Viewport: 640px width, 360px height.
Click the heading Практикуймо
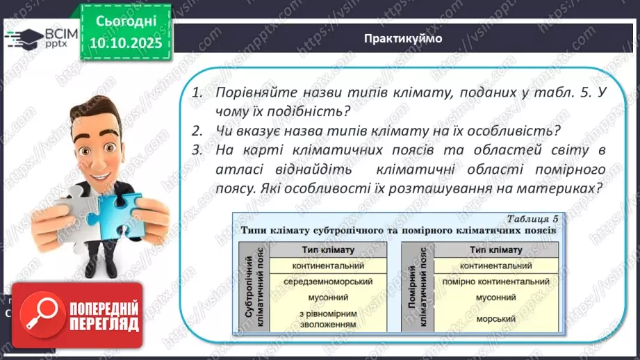coord(402,38)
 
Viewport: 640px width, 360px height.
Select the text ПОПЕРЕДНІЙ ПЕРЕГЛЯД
coord(101,315)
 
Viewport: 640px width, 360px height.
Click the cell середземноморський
coord(329,281)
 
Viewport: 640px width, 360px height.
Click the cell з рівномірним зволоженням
coord(329,318)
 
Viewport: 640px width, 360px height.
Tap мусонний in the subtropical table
coord(329,297)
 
